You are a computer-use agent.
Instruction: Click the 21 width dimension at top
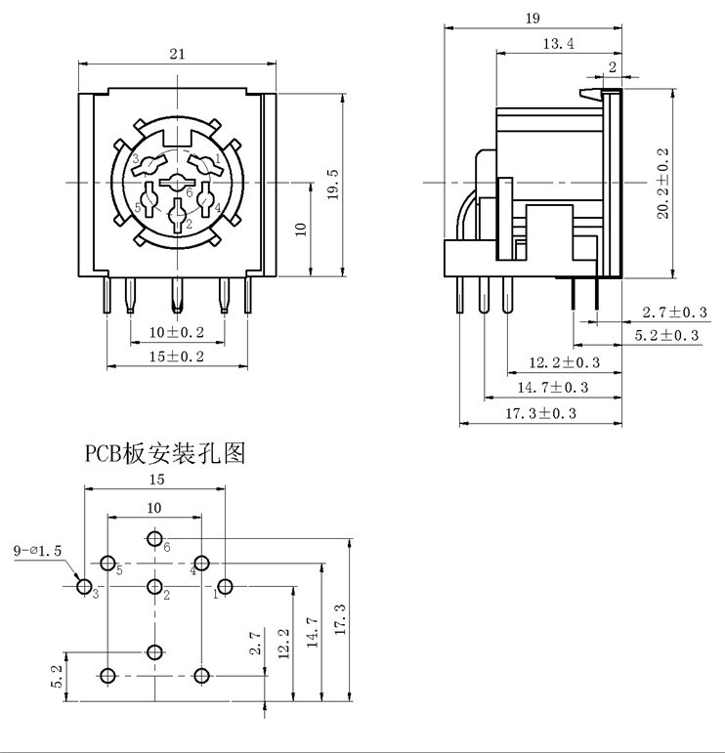(177, 55)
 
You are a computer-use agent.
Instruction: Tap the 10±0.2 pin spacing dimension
(177, 332)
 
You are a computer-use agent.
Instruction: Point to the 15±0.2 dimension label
(177, 356)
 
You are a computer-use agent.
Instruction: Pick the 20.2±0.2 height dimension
(663, 184)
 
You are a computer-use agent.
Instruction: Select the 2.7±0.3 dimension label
(675, 313)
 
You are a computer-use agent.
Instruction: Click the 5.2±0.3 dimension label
(667, 336)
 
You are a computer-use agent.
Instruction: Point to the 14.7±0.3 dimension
(552, 388)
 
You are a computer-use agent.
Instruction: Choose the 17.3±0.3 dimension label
(540, 413)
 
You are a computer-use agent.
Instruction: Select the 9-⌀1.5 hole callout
(38, 551)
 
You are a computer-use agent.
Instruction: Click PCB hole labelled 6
(155, 538)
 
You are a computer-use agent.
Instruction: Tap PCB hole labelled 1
(226, 586)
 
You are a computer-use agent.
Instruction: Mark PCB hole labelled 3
(84, 587)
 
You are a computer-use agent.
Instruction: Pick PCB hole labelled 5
(107, 564)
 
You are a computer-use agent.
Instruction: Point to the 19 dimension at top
(533, 19)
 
